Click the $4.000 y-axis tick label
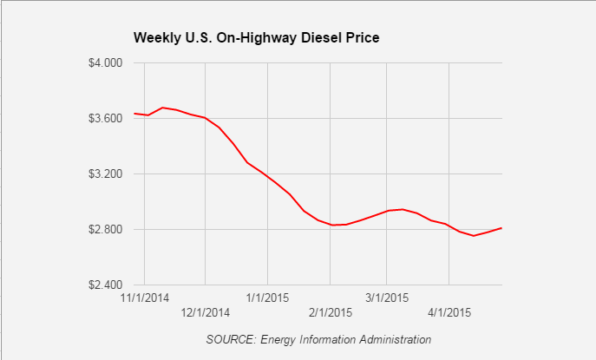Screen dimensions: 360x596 click(x=108, y=63)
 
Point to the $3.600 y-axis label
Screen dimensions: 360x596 click(x=108, y=118)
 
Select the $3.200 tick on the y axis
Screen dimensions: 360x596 click(x=108, y=173)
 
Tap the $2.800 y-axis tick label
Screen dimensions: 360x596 click(x=108, y=229)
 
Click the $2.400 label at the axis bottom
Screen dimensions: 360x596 click(x=108, y=285)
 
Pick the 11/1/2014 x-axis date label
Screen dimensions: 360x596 click(x=145, y=298)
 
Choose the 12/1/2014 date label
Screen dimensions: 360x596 click(x=205, y=312)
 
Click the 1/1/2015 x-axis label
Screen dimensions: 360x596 click(x=266, y=298)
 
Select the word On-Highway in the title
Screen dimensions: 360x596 click(x=256, y=38)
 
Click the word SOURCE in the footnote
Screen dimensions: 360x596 click(x=229, y=339)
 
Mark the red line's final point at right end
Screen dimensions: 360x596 click(x=502, y=228)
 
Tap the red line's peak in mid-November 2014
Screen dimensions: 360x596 click(x=163, y=108)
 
